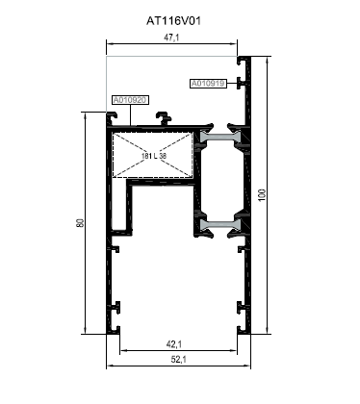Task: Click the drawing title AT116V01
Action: point(173,21)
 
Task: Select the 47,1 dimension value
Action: point(171,38)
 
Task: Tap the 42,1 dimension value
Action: point(174,344)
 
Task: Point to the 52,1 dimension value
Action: point(178,360)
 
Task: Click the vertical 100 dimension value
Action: point(262,195)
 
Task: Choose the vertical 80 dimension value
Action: point(80,223)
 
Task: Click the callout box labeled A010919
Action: point(208,84)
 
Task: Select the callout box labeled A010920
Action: point(130,100)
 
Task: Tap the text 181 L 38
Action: point(154,156)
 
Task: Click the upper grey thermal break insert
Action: point(220,137)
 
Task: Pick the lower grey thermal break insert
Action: point(220,225)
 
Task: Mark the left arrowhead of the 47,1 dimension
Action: point(109,44)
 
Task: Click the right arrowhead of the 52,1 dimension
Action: point(247,366)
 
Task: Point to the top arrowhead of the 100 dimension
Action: point(267,59)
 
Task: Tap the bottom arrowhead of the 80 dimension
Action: point(85,331)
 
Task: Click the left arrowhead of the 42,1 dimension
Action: point(122,350)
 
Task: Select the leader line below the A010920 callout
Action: point(131,114)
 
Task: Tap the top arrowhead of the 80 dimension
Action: point(85,115)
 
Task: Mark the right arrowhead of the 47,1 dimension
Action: point(235,44)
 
